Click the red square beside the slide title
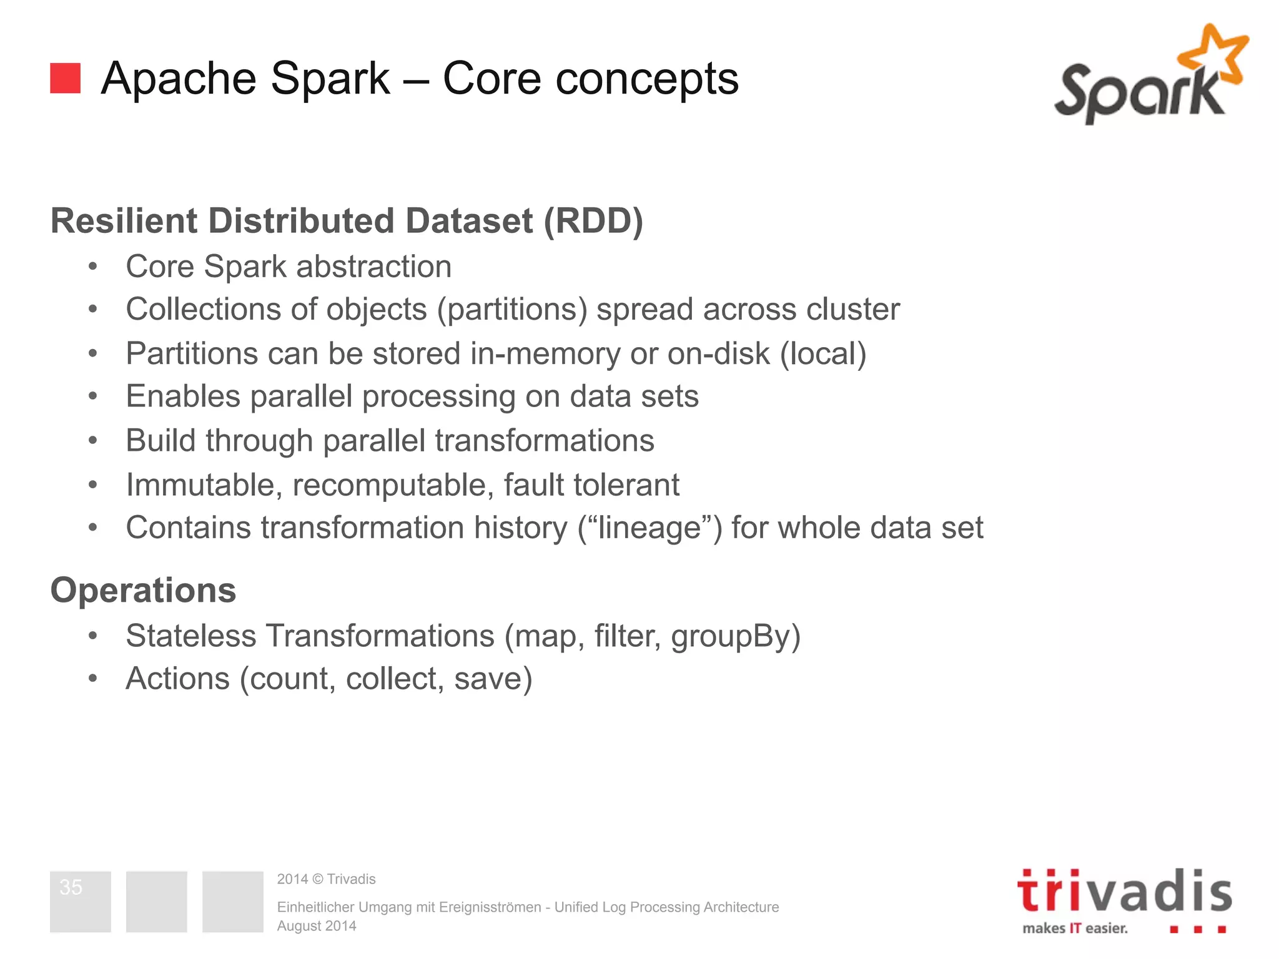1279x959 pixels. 65,78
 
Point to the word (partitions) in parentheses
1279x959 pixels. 512,310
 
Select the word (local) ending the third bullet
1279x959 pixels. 822,354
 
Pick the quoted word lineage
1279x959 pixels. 649,528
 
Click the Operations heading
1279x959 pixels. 143,591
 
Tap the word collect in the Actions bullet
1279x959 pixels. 395,679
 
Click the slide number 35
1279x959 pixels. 71,887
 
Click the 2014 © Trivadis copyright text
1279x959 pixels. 326,879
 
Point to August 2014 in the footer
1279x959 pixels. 317,926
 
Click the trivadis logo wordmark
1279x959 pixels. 1124,892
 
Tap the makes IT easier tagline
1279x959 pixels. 1075,928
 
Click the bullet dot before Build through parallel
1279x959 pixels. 93,441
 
